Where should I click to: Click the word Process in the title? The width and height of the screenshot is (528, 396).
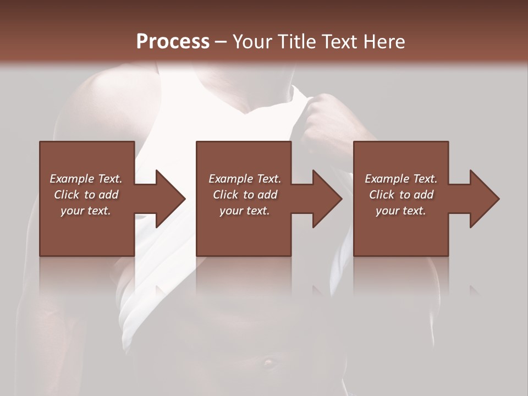click(173, 41)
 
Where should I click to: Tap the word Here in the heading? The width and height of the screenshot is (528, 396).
click(384, 41)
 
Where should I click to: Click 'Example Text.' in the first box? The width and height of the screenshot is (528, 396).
click(86, 179)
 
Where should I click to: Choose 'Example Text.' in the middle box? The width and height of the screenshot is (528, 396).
click(245, 179)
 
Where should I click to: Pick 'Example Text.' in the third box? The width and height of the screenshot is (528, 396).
click(401, 179)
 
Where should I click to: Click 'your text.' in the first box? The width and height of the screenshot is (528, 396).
click(86, 211)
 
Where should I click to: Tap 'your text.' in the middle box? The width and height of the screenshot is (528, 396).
click(245, 211)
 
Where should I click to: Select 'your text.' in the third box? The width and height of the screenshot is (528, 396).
click(401, 211)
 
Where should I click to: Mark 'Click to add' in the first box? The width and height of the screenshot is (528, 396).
click(86, 195)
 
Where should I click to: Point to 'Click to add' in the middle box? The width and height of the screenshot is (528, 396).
click(245, 195)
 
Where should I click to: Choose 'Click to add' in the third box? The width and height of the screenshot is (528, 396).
click(401, 195)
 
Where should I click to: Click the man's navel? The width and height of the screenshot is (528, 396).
click(268, 362)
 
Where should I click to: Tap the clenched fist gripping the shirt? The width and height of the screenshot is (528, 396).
click(326, 118)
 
